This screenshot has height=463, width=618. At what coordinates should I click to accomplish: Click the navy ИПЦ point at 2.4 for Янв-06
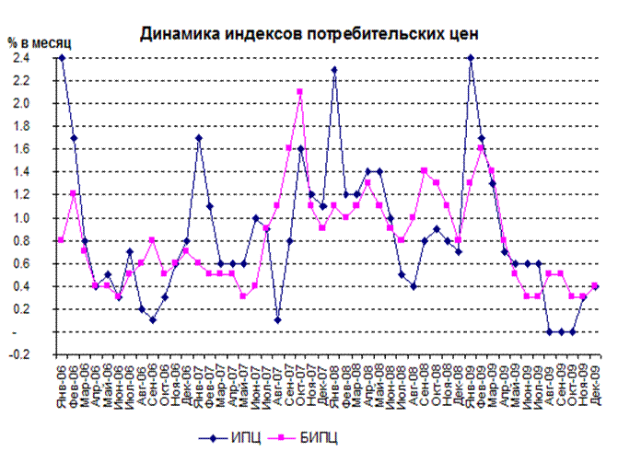pyautogui.click(x=62, y=58)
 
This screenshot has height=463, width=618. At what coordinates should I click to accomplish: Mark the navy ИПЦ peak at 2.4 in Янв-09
pyautogui.click(x=471, y=58)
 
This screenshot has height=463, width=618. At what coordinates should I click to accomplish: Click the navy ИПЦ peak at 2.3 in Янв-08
pyautogui.click(x=334, y=69)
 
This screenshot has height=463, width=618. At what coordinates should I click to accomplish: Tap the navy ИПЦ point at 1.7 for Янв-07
pyautogui.click(x=198, y=138)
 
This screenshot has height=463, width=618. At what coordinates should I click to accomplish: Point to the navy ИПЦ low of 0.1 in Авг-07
pyautogui.click(x=277, y=320)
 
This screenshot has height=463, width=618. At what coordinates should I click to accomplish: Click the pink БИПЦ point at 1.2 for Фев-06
pyautogui.click(x=73, y=194)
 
